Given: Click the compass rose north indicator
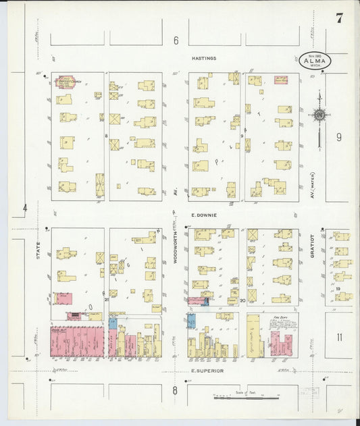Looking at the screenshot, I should (319, 114).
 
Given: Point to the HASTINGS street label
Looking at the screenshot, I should (203, 59).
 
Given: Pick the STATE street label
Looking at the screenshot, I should (38, 257).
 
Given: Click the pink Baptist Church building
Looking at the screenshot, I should (67, 82).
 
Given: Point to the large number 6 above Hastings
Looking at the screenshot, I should (176, 41).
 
